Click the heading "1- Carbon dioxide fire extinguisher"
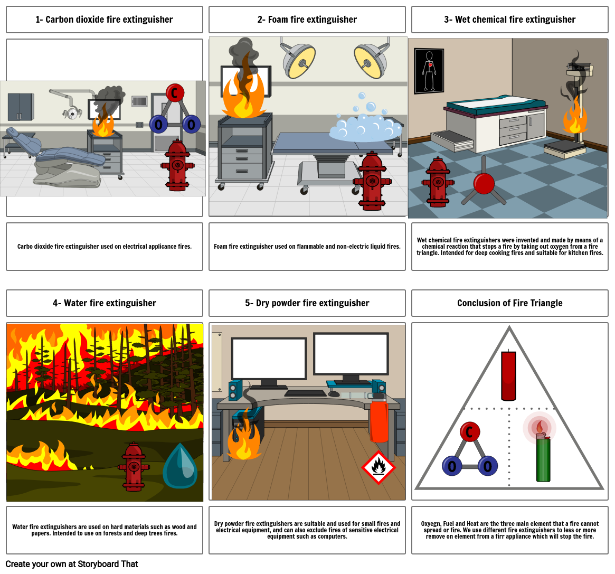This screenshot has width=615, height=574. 104,20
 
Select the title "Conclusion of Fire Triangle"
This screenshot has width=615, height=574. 509,303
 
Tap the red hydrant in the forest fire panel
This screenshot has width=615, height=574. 134,467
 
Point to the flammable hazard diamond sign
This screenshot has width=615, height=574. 379,467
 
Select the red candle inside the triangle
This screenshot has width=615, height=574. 508,376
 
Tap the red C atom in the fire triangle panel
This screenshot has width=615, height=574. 469,432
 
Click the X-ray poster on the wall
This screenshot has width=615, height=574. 429,71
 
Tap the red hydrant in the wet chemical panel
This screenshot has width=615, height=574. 437,182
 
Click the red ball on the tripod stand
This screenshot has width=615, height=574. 484,184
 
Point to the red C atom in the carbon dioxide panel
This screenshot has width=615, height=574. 175,93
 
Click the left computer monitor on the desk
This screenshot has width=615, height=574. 269,359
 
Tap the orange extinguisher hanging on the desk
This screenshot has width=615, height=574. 379,420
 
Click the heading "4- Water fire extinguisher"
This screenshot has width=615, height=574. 104,303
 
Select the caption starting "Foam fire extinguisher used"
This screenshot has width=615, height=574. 307,247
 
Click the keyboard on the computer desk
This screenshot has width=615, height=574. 305,393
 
